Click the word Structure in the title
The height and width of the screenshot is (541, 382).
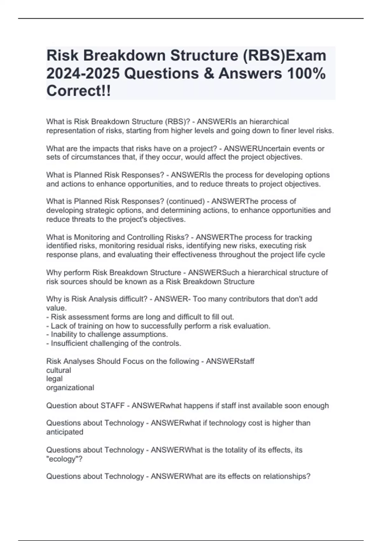point(204,55)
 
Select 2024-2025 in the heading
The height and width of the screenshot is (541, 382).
point(83,74)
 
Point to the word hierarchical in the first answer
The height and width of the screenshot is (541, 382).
point(269,122)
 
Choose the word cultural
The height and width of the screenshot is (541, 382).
point(59,370)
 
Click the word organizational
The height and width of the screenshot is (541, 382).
point(70,388)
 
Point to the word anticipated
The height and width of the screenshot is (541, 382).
point(65,432)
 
